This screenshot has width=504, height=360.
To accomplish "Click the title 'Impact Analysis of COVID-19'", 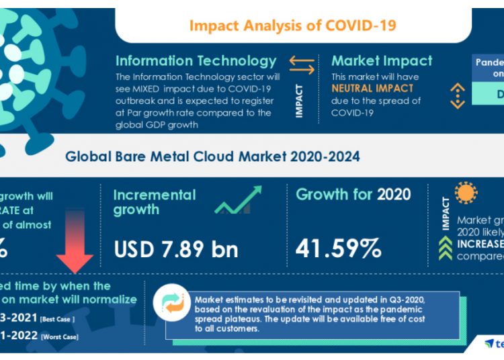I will coord(292,26).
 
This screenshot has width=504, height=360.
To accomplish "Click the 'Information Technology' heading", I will coord(196,61).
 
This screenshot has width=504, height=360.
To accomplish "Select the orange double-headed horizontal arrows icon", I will coord(302,65).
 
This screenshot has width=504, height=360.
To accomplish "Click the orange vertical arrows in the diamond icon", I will coord(458,96).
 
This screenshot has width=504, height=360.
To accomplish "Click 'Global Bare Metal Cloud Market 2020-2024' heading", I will coord(212,156).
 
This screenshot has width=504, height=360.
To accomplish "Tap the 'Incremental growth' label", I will coord(154,202).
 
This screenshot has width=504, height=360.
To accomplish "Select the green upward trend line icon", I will coord(238,201).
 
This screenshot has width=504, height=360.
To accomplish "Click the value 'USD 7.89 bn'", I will coord(176,249).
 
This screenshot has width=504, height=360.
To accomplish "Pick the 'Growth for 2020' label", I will coord(353,195).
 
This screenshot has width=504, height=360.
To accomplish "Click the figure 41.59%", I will coord(339,249).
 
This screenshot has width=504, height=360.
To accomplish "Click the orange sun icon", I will coord(465,193).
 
